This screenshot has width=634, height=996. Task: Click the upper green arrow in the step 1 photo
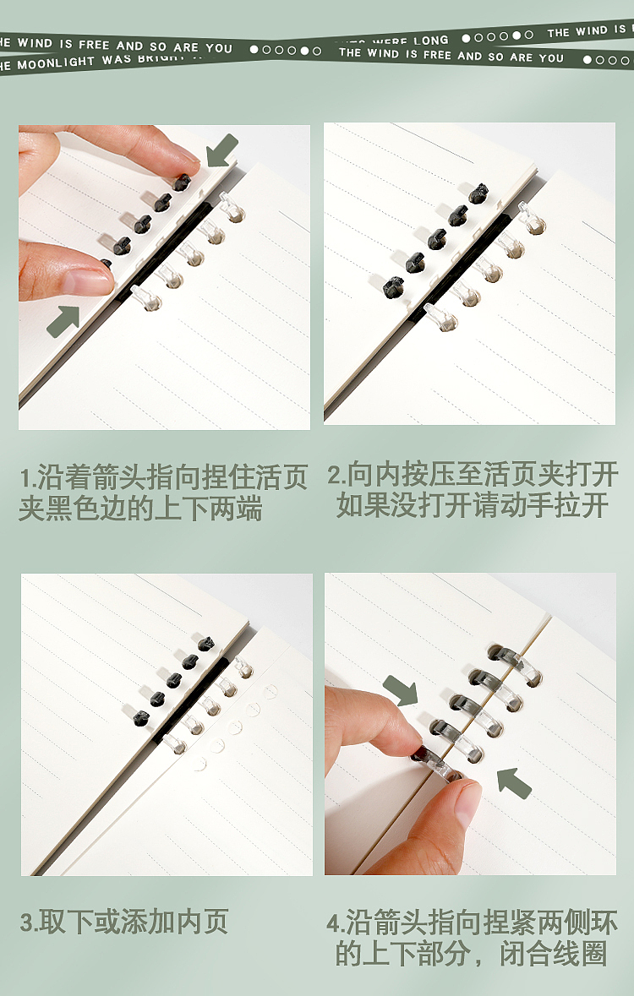[221, 151]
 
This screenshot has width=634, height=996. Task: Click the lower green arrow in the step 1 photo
[63, 321]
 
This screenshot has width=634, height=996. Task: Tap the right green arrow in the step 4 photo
[513, 782]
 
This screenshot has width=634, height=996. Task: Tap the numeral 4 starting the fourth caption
[333, 923]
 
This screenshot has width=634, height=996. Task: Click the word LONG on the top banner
[431, 41]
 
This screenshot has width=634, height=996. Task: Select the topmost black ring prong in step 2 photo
[478, 193]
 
